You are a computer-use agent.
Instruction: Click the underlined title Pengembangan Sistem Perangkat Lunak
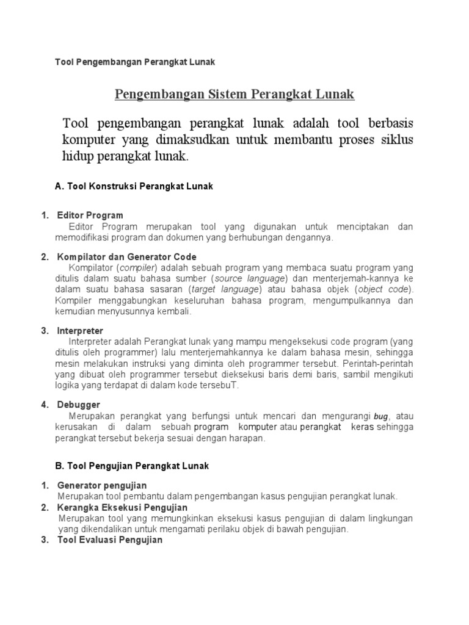[234, 95]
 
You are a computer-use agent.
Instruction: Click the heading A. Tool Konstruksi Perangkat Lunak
[134, 186]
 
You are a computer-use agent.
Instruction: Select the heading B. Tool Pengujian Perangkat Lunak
[132, 466]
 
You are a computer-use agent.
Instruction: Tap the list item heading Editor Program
[90, 215]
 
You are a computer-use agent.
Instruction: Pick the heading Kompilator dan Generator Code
[126, 256]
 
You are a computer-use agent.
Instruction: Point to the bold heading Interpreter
[80, 330]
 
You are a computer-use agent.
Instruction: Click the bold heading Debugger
[78, 404]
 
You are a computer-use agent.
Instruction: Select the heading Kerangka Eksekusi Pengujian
[122, 507]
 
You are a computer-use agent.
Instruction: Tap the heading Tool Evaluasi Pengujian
[110, 540]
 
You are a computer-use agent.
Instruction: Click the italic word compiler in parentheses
[138, 268]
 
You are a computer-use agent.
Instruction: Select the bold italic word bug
[381, 416]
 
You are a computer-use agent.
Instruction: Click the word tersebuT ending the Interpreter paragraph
[222, 385]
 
